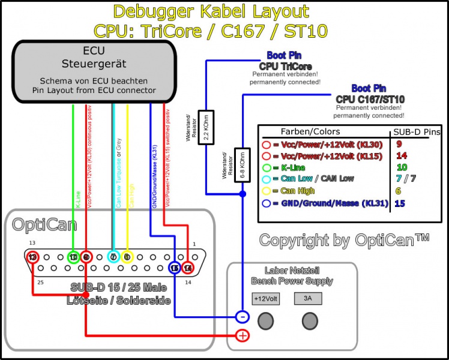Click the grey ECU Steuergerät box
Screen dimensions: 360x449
click(x=96, y=71)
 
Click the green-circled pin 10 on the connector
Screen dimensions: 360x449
click(x=73, y=257)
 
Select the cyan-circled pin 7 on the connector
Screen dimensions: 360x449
click(x=112, y=257)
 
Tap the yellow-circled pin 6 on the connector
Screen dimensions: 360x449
click(x=127, y=257)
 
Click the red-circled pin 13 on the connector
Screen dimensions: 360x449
click(x=33, y=257)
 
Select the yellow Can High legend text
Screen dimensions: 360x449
click(x=298, y=191)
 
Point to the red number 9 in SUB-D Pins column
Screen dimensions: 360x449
click(x=399, y=144)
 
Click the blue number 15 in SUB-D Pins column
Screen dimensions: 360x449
click(x=400, y=203)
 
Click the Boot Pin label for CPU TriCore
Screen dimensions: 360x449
click(x=285, y=55)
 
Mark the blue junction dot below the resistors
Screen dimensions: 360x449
click(x=242, y=194)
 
